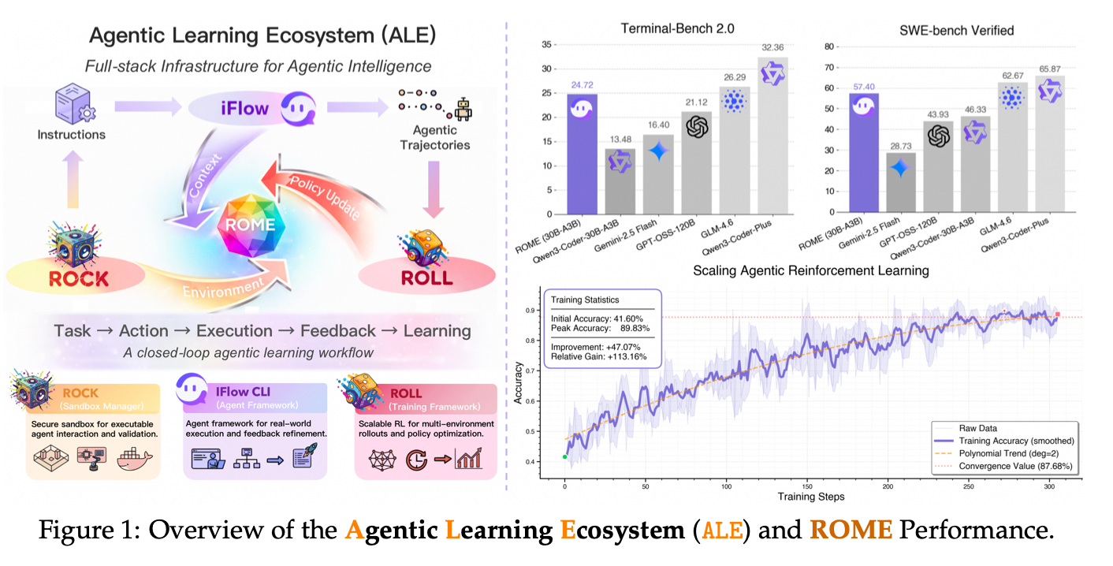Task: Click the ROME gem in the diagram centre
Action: (251, 224)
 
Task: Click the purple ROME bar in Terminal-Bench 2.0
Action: (582, 154)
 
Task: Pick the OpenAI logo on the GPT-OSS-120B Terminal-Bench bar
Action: (696, 127)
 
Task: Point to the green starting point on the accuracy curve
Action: (564, 456)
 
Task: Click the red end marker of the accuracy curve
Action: (1057, 315)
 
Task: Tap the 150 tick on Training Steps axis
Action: (806, 486)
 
